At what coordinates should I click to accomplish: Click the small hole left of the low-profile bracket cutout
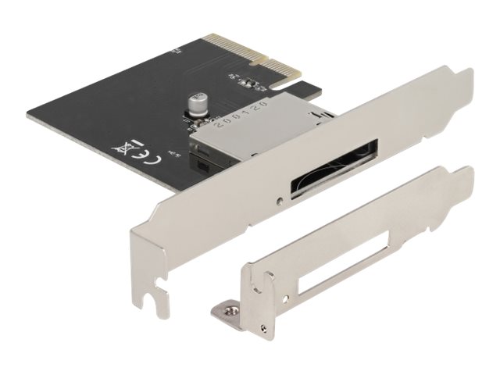(x=269, y=275)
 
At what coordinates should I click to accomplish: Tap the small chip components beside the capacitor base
(x=190, y=120)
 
